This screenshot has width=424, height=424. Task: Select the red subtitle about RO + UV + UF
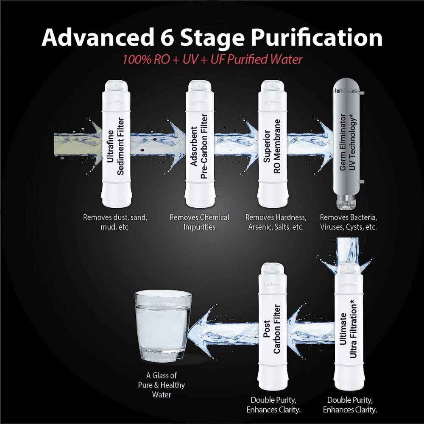[x=212, y=59]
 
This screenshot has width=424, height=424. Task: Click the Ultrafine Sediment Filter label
[x=115, y=146]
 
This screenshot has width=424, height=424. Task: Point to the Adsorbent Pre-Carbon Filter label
[x=199, y=146]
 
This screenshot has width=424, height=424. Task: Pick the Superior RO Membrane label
[x=272, y=146]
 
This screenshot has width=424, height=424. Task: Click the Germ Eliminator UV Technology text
[x=348, y=142]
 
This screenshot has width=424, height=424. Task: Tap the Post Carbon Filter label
[x=272, y=329]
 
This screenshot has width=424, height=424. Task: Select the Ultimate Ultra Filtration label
[x=348, y=328]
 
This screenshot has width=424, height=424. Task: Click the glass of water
[x=163, y=325]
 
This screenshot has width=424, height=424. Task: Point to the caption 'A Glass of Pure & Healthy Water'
[x=162, y=385]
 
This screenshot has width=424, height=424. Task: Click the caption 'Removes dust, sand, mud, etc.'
[x=115, y=222]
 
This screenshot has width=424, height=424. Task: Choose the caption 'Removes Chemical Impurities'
[x=199, y=222]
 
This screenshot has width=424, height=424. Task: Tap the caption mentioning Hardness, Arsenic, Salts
[x=276, y=222]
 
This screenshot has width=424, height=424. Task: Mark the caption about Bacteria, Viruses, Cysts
[x=349, y=222]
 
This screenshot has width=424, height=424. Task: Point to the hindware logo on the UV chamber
[x=346, y=91]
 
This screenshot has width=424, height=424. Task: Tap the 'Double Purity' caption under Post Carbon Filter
[x=273, y=405]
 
